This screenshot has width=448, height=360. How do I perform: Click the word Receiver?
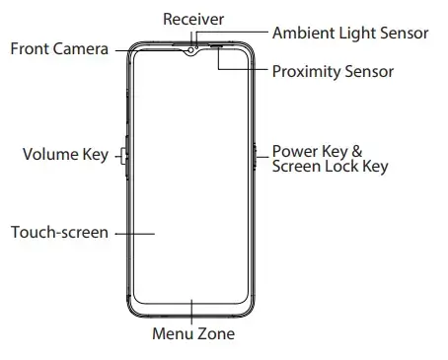tap(193, 19)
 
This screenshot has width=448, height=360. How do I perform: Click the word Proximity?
tap(306, 72)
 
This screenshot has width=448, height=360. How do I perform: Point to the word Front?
tap(30, 48)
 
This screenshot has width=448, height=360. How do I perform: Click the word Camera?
tap(80, 49)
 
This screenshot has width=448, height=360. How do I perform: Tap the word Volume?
tap(50, 154)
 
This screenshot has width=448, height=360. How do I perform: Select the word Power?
tap(295, 151)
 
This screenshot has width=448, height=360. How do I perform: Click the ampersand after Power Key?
tap(357, 151)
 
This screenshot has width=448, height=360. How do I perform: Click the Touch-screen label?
tap(59, 232)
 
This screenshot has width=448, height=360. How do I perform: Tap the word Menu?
tap(173, 333)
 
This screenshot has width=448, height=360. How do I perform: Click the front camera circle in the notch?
tap(190, 50)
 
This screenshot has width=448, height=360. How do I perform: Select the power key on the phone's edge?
tap(255, 157)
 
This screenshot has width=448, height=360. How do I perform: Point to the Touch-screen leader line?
tap(135, 234)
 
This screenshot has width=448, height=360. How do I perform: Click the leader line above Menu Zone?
tap(191, 312)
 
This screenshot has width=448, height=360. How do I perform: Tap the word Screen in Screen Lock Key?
tap(297, 166)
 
